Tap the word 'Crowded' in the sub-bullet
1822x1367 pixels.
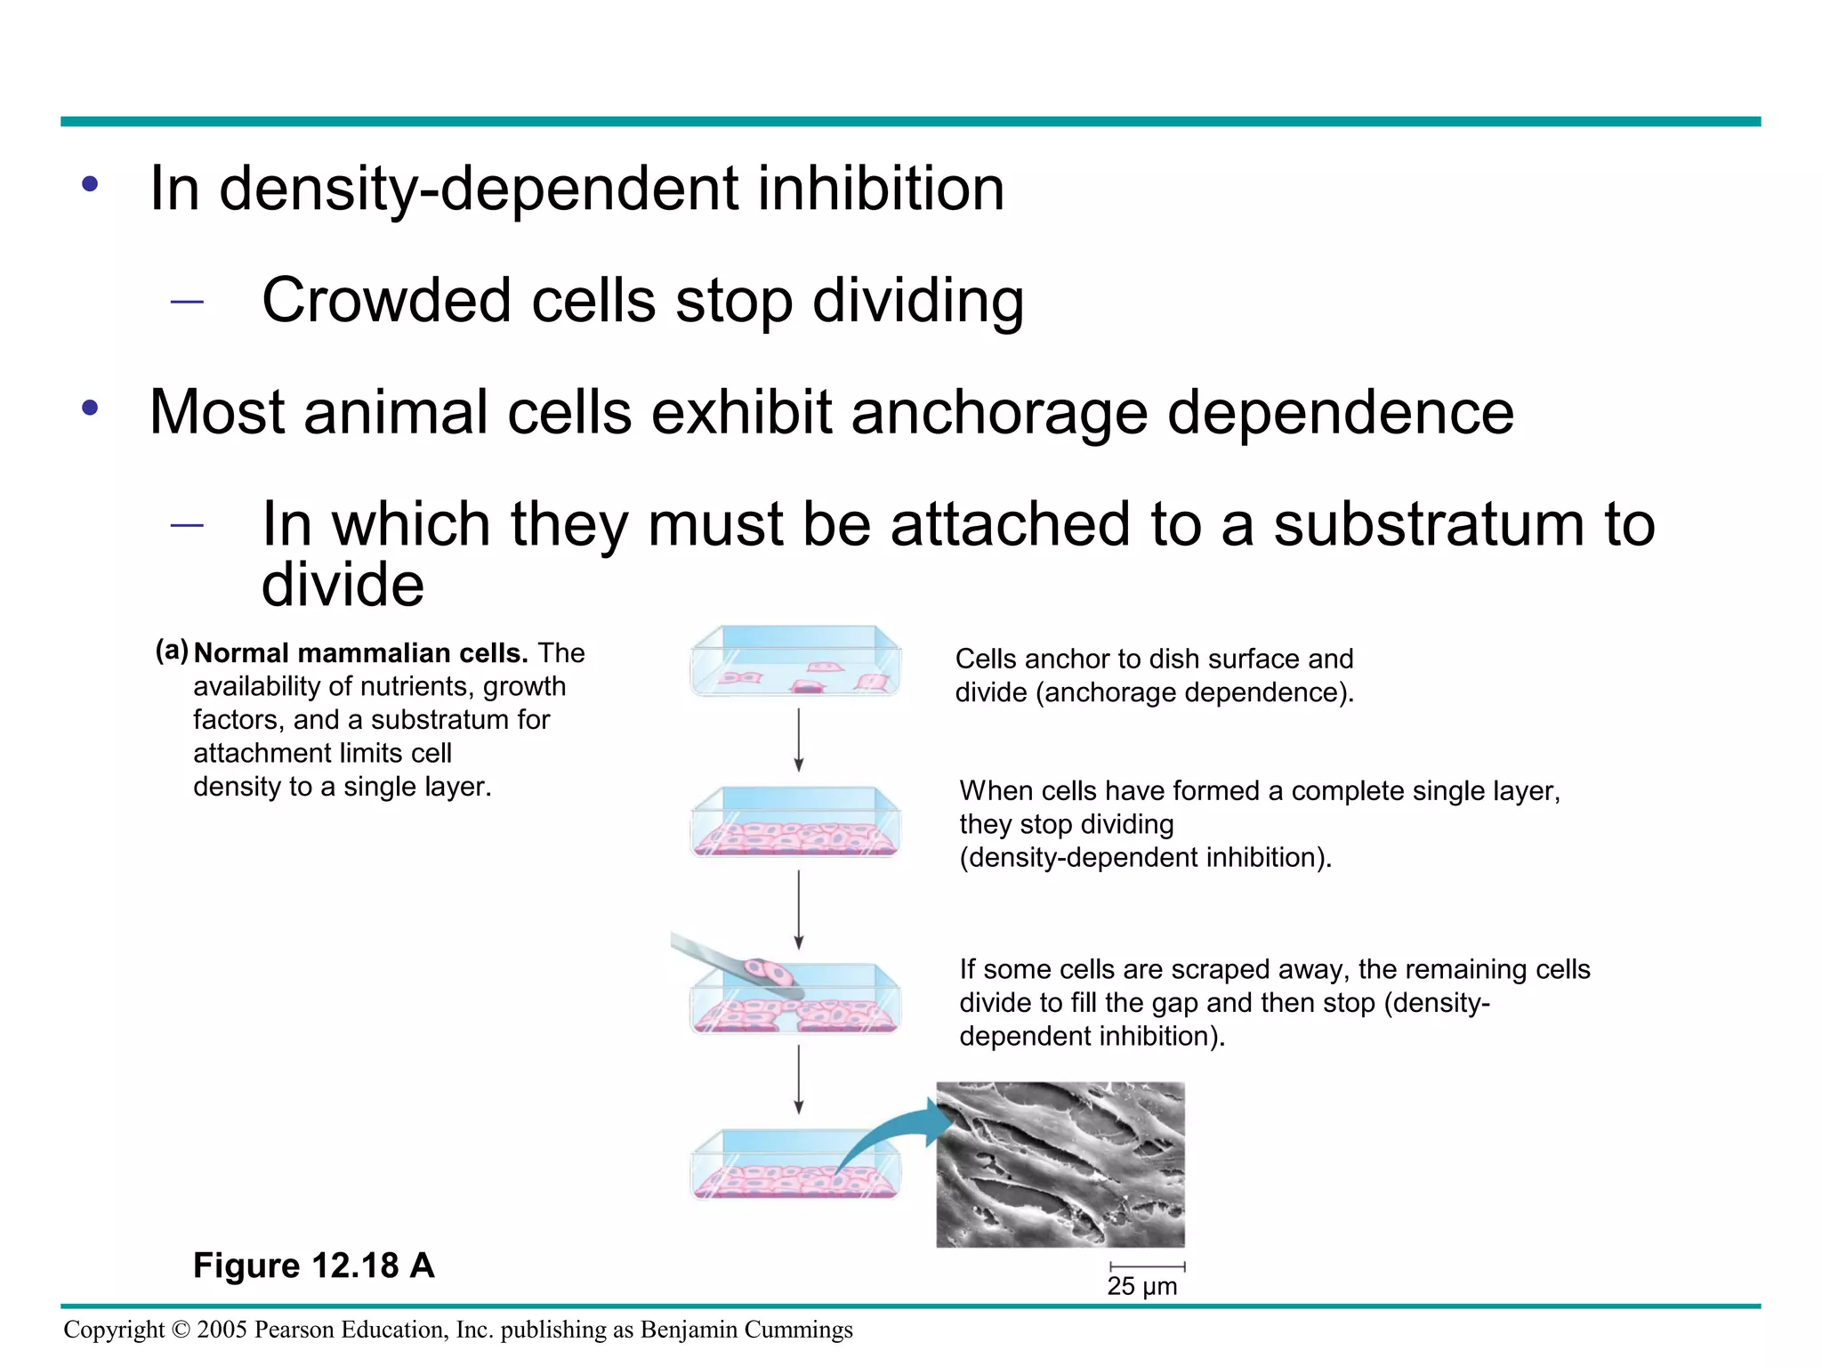(x=386, y=301)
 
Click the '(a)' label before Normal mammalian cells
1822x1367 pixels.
(x=172, y=651)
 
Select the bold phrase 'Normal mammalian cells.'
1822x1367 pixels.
(x=361, y=653)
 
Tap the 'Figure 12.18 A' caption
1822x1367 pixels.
(x=313, y=1265)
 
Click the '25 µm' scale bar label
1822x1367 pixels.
(x=1141, y=1287)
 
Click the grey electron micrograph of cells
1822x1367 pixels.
(x=1060, y=1164)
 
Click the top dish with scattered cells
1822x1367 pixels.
(x=796, y=663)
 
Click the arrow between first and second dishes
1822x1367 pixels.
(x=798, y=739)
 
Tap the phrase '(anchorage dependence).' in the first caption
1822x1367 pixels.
(x=1194, y=692)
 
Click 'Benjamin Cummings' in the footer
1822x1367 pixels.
(x=746, y=1330)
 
